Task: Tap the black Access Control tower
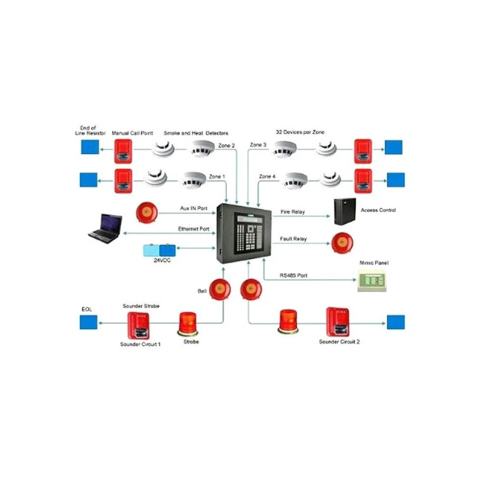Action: (x=344, y=211)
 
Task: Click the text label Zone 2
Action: (x=227, y=146)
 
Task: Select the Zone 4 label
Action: (x=268, y=176)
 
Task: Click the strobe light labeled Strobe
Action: (x=190, y=321)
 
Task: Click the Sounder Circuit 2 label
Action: (x=340, y=342)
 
